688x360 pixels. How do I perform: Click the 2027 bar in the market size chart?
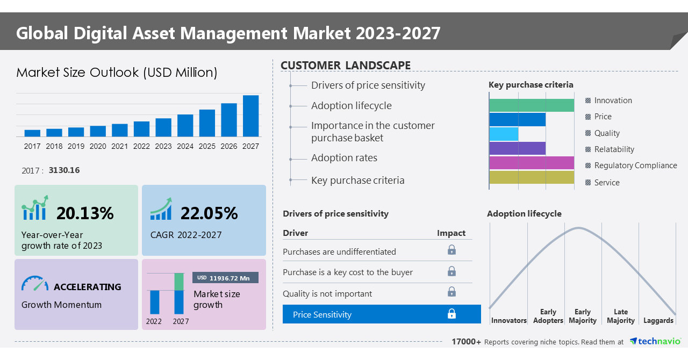(250, 116)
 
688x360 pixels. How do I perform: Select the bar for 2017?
(32, 133)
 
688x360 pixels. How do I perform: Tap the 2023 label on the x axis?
(163, 146)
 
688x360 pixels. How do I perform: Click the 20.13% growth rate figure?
(85, 213)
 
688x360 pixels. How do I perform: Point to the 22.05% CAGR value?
(209, 213)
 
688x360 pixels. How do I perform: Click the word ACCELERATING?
(87, 287)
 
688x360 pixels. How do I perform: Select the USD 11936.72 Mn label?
(225, 278)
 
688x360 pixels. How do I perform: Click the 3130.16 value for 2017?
(64, 170)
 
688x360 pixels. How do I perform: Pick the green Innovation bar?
(532, 105)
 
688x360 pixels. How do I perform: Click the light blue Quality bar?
(504, 134)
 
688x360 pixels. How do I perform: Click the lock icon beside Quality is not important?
(451, 292)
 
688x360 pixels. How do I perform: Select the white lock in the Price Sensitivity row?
(451, 314)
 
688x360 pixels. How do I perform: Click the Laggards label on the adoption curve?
(658, 321)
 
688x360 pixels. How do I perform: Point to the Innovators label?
(508, 321)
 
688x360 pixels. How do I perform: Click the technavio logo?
(655, 342)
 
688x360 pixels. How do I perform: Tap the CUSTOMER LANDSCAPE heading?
(346, 66)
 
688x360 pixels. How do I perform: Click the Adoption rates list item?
(344, 158)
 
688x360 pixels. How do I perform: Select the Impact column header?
(451, 233)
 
